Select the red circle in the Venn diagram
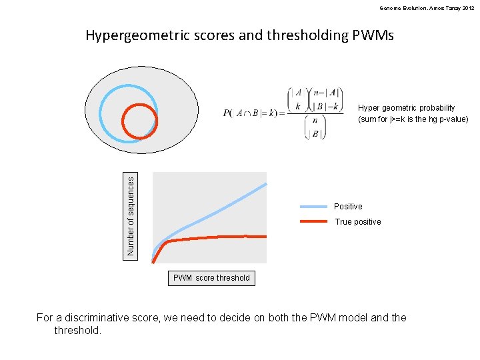tap(139, 121)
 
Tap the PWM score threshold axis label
tap(211, 278)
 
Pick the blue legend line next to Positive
tap(313, 207)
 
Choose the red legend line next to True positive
tap(313, 221)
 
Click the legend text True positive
tap(358, 222)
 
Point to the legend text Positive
tap(348, 207)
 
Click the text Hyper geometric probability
tap(407, 108)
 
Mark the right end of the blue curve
tap(265, 183)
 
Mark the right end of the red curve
tap(265, 236)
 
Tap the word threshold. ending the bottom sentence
tap(78, 330)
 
